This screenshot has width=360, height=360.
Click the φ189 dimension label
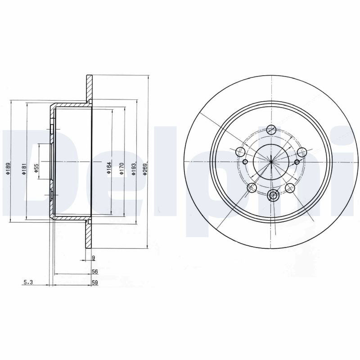(8, 169)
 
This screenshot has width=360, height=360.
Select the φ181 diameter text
(24, 169)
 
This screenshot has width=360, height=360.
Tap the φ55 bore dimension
(36, 168)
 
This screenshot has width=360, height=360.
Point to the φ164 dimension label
(109, 168)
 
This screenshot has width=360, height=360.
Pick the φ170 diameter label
(121, 169)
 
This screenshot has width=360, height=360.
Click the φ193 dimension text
(134, 169)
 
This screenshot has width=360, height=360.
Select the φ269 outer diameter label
(145, 169)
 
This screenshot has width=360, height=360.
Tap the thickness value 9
(93, 258)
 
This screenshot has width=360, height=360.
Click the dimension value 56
(94, 272)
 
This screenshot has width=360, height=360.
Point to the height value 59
(94, 283)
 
